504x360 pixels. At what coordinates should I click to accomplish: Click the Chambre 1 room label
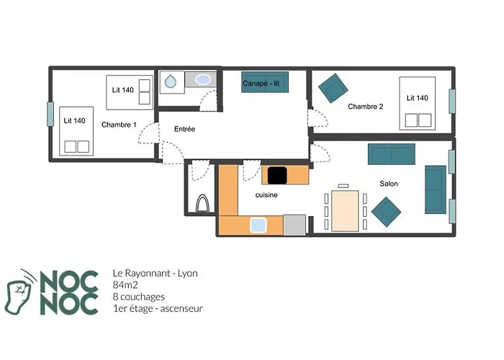pyautogui.click(x=119, y=125)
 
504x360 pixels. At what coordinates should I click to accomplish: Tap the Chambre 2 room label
pyautogui.click(x=366, y=107)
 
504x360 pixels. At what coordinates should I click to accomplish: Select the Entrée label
pyautogui.click(x=184, y=129)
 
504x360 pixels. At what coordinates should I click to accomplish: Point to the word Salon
pyautogui.click(x=389, y=184)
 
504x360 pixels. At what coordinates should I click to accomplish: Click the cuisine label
pyautogui.click(x=266, y=195)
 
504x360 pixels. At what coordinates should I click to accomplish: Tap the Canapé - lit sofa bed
pyautogui.click(x=265, y=82)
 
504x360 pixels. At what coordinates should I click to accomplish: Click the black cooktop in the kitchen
pyautogui.click(x=277, y=176)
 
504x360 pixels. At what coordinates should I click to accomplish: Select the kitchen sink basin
pyautogui.click(x=258, y=225)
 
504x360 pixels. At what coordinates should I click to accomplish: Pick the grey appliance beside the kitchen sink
pyautogui.click(x=294, y=225)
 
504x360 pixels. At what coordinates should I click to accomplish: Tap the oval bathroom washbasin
pyautogui.click(x=202, y=79)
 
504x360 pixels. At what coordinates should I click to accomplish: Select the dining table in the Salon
pyautogui.click(x=345, y=211)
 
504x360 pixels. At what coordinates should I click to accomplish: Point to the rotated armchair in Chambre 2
pyautogui.click(x=333, y=88)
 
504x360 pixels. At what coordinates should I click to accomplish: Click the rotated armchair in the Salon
pyautogui.click(x=386, y=212)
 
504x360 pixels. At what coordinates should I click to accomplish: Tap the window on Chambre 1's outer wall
pyautogui.click(x=50, y=114)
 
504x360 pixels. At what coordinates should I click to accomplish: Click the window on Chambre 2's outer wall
pyautogui.click(x=452, y=102)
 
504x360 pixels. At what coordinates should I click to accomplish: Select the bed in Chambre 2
pyautogui.click(x=417, y=104)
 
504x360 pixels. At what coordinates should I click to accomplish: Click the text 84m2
pyautogui.click(x=125, y=285)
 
